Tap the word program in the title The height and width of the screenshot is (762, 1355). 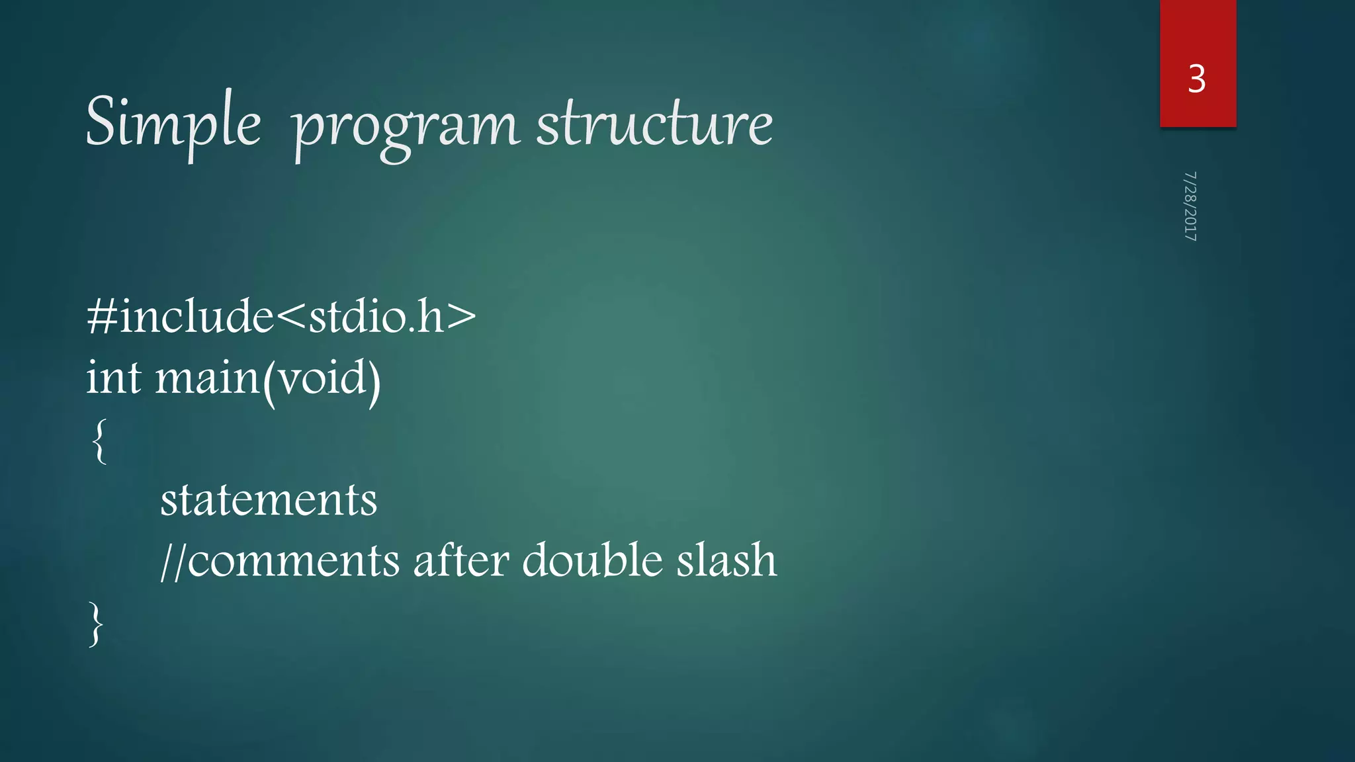(405, 127)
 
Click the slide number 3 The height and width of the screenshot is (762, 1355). (1197, 79)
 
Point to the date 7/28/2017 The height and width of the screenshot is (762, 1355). (1190, 206)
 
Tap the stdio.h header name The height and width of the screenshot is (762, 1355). (376, 316)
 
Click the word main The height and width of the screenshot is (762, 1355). (207, 378)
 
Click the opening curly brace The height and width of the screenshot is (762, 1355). (99, 441)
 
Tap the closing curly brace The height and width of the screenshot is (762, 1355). (97, 622)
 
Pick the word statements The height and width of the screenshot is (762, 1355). (269, 499)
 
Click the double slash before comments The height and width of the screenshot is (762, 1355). (173, 561)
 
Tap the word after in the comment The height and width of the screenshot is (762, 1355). (461, 560)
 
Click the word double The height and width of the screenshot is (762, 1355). (592, 560)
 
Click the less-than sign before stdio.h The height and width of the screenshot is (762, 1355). (290, 316)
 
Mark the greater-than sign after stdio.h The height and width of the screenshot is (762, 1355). (461, 316)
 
